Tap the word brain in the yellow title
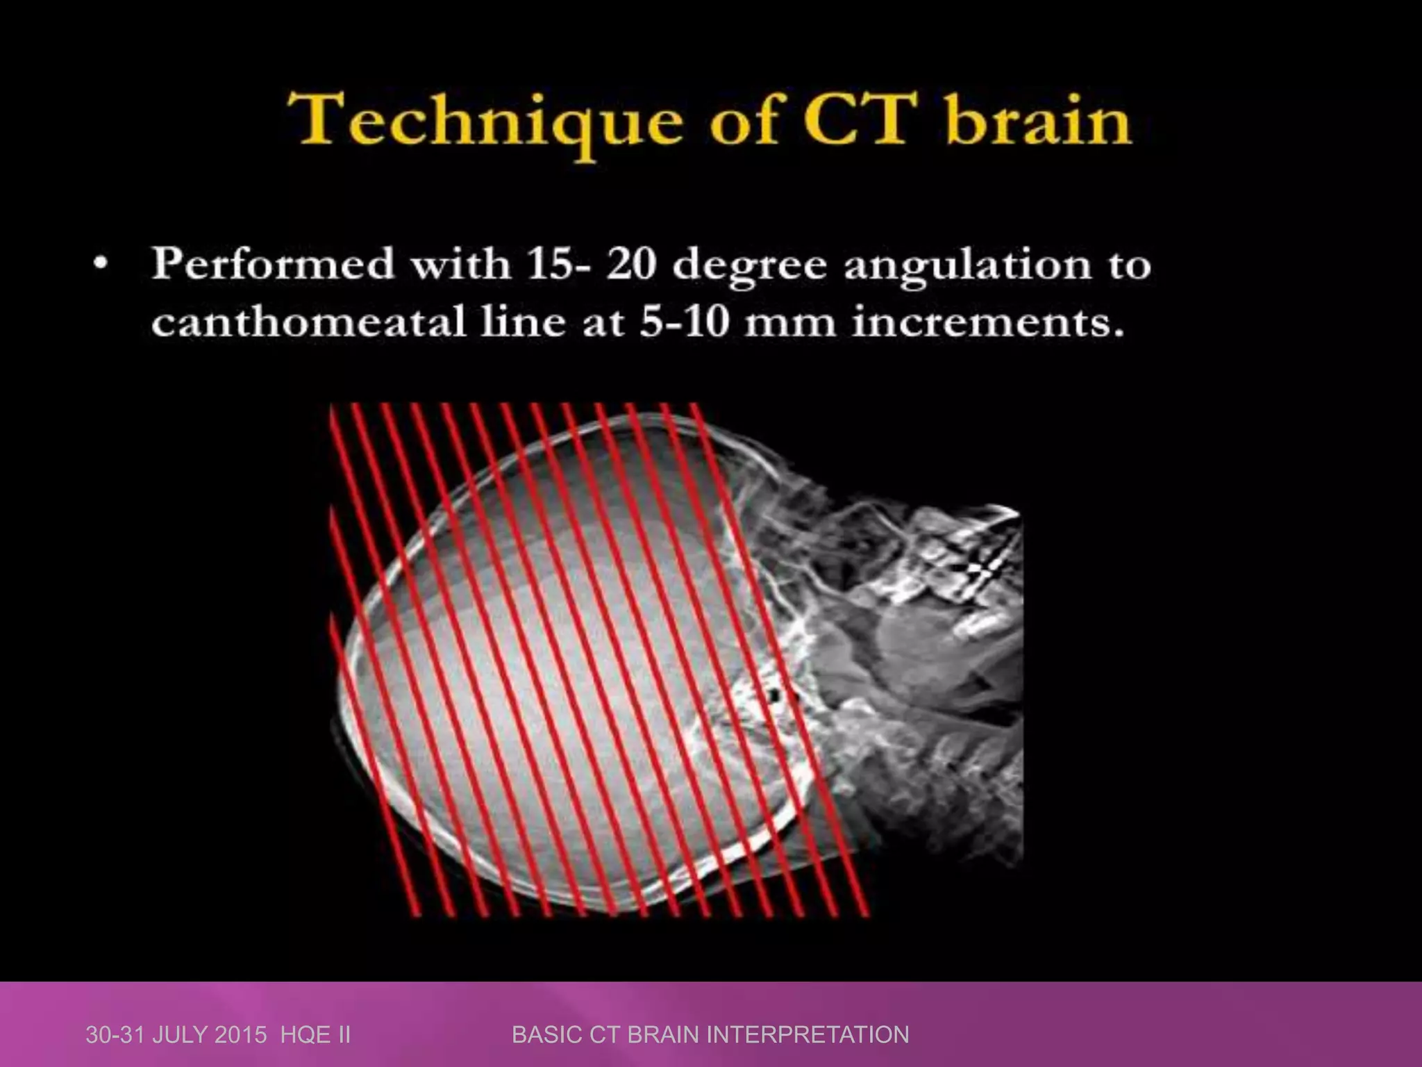(1037, 122)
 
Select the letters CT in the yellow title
(858, 122)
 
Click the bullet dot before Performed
(102, 265)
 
